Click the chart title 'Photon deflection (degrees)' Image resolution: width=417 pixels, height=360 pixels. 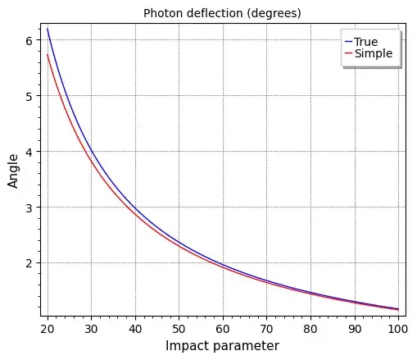click(222, 13)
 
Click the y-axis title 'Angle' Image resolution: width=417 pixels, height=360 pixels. click(14, 171)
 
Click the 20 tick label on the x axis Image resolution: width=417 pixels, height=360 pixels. click(48, 329)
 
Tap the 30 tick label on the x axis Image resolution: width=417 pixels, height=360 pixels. click(91, 329)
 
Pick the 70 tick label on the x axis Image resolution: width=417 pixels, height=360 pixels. click(266, 329)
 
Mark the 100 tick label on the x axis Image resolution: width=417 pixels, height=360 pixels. click(397, 329)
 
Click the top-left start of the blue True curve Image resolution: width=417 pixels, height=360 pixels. click(48, 30)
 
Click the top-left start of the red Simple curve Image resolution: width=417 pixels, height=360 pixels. click(48, 55)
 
